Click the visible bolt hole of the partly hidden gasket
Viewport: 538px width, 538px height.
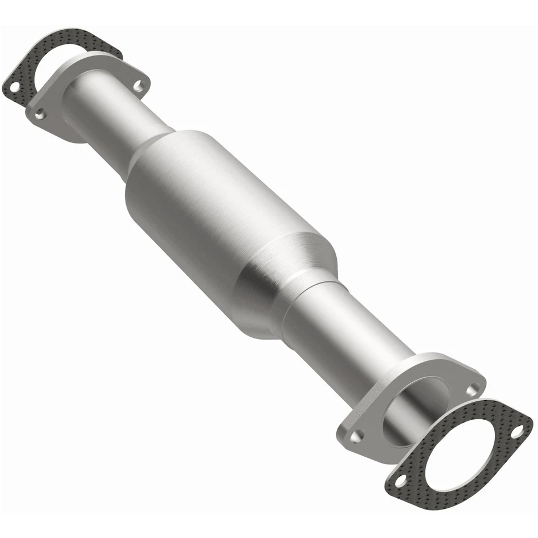[13, 87]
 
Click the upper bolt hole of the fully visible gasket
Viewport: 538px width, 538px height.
[516, 430]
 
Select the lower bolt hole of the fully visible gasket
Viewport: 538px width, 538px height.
[400, 480]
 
